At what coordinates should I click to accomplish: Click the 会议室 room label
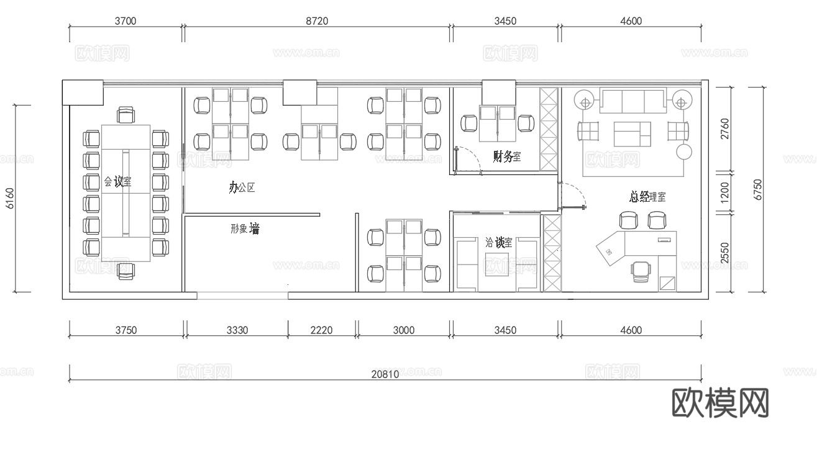click(x=117, y=182)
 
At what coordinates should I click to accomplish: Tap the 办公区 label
click(x=242, y=188)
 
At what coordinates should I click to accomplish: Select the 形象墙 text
click(x=244, y=229)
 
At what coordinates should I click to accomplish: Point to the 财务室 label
click(x=507, y=156)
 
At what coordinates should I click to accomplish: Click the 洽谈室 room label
click(x=499, y=243)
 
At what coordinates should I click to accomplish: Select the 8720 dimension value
click(x=317, y=21)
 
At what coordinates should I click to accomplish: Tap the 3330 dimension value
click(x=237, y=330)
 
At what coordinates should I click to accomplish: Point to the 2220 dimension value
click(x=322, y=330)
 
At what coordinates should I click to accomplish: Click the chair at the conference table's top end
click(x=126, y=115)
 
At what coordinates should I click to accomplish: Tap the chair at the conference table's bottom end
click(x=126, y=270)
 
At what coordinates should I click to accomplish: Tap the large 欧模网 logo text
click(x=721, y=403)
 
